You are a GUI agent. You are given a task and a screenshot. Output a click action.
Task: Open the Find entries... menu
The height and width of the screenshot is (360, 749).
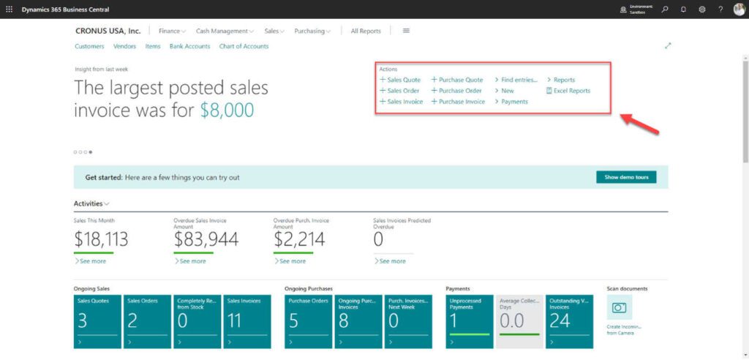click(519, 80)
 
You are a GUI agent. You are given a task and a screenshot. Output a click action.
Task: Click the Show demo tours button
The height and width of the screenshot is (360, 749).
click(626, 177)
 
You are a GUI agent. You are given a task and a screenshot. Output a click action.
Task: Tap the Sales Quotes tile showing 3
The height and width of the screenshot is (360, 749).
click(97, 321)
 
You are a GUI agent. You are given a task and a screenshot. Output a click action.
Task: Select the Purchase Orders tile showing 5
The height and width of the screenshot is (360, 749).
click(308, 321)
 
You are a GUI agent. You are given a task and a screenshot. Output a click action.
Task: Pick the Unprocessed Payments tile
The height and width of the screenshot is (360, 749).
click(470, 321)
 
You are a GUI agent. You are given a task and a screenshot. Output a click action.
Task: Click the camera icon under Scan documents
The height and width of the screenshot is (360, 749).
click(620, 308)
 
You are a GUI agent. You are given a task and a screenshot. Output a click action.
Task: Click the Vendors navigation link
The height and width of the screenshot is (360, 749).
click(125, 46)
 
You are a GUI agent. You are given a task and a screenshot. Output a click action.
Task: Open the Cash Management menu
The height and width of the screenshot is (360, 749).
click(224, 31)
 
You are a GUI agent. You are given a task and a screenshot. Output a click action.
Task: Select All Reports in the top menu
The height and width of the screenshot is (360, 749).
click(366, 31)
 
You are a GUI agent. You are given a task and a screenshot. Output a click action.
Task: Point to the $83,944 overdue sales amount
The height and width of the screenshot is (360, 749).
click(207, 239)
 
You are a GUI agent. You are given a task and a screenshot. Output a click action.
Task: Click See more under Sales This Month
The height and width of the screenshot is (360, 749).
click(91, 261)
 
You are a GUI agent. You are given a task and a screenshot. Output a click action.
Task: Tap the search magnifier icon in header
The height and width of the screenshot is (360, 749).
click(664, 9)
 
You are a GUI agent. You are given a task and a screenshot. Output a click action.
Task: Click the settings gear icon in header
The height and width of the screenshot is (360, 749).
click(702, 9)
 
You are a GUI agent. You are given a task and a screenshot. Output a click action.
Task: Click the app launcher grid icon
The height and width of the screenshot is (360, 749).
click(9, 9)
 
